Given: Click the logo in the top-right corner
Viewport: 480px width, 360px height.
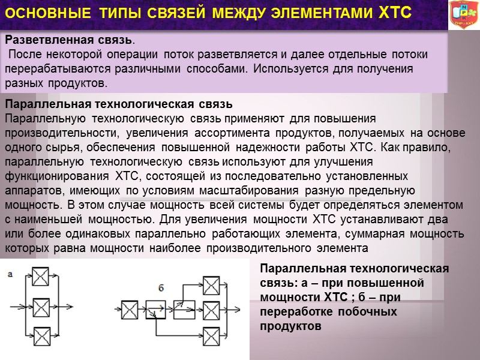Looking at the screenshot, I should [x=463, y=14].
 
